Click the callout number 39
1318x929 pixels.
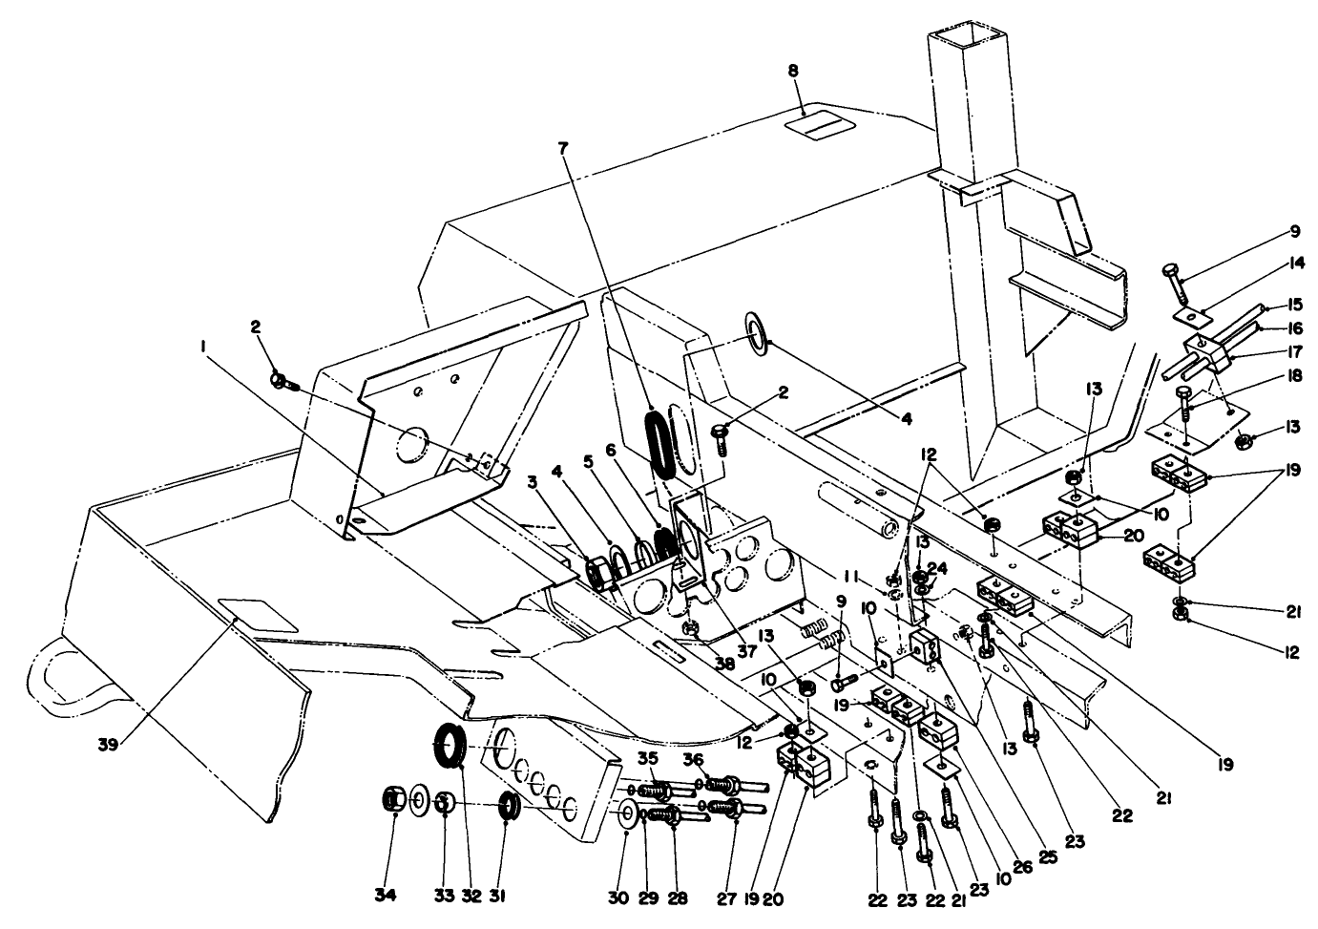point(108,744)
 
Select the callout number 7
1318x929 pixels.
point(563,149)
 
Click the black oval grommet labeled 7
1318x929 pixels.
point(658,439)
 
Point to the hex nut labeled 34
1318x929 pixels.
point(393,797)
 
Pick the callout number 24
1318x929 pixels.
point(939,566)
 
